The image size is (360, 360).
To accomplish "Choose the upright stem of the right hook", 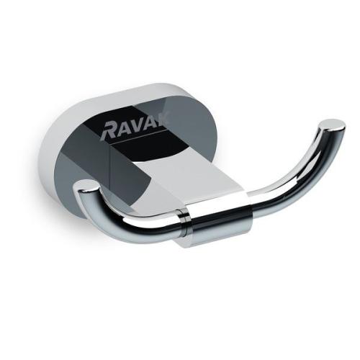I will point(323,148).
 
